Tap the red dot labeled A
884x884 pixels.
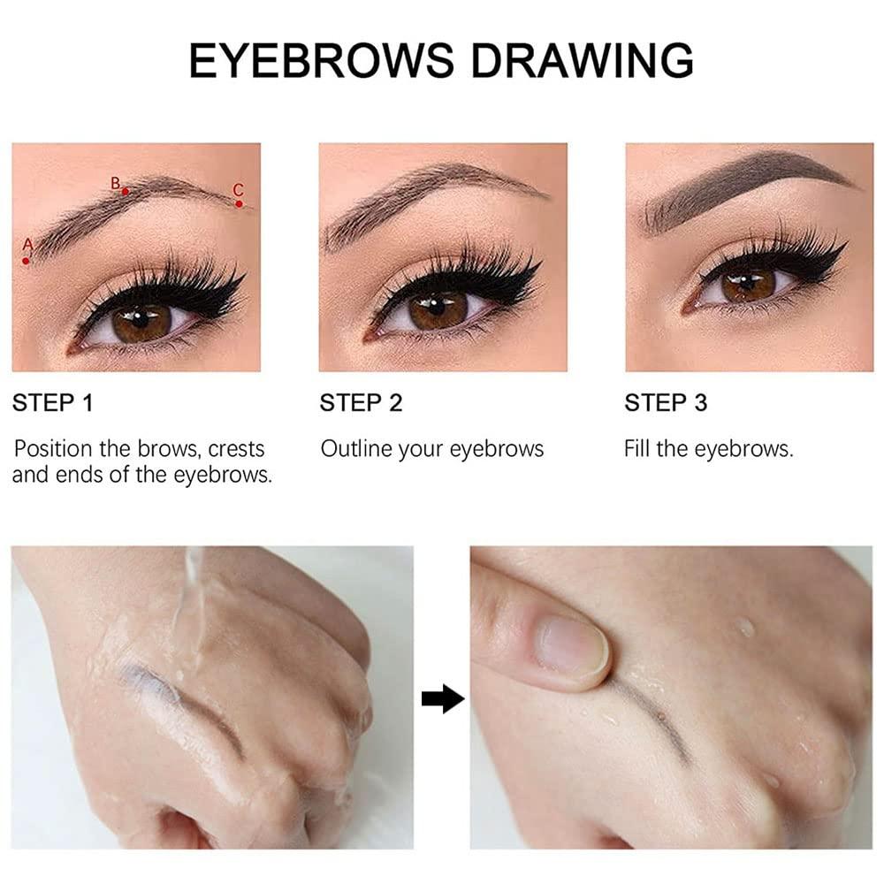[27, 261]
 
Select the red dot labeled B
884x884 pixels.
[126, 191]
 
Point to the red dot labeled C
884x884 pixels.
[240, 203]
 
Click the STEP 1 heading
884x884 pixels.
[52, 404]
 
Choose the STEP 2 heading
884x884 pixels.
[361, 404]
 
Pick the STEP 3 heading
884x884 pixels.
[666, 404]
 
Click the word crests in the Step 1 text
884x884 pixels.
[236, 449]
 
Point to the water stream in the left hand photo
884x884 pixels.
[187, 610]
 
